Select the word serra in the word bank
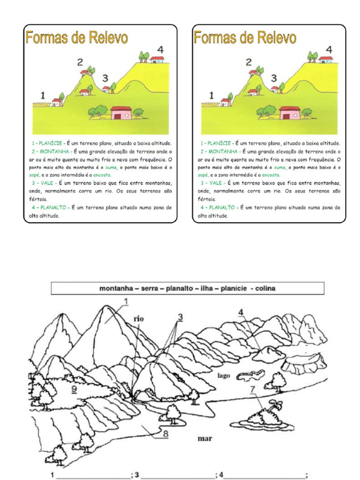click(x=147, y=288)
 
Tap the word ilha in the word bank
click(x=206, y=288)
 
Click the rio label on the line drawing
click(x=139, y=319)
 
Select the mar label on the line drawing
click(x=205, y=438)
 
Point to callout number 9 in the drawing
click(x=74, y=389)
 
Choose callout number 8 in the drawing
click(x=165, y=434)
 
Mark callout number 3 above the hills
click(x=180, y=317)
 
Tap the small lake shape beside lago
click(x=251, y=375)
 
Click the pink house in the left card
click(x=121, y=113)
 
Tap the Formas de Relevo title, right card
click(x=245, y=37)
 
